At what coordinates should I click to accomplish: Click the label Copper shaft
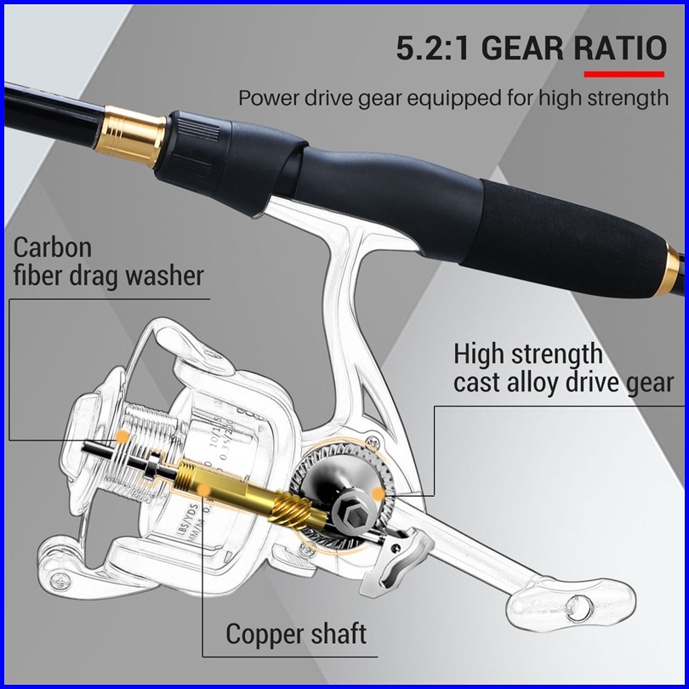296,634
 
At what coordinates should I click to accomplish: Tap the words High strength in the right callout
527,353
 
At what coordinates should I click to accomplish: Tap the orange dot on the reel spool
122,436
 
